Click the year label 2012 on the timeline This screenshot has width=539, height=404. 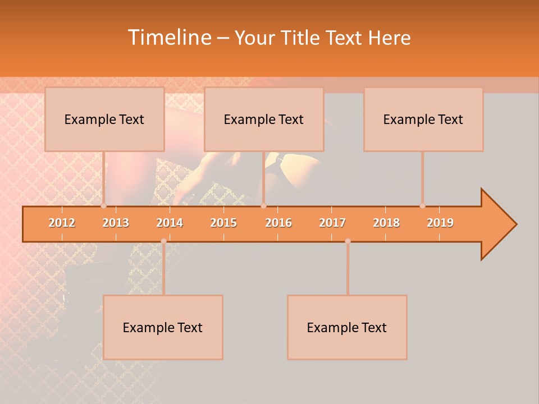click(62, 223)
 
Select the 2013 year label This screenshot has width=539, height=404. click(116, 223)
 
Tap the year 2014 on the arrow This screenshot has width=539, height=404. click(170, 223)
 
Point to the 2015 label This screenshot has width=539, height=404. click(223, 223)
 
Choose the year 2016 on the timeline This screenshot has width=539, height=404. click(278, 223)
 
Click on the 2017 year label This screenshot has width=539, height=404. click(332, 223)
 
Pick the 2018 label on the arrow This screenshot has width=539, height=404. click(386, 223)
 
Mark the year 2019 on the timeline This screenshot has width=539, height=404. click(440, 223)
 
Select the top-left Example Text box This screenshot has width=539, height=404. click(104, 119)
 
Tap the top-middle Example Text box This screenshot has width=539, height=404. click(264, 119)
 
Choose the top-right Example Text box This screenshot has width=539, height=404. click(423, 119)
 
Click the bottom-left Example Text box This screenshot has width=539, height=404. click(163, 327)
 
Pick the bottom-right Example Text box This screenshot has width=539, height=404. click(347, 327)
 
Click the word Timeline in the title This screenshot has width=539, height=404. click(168, 38)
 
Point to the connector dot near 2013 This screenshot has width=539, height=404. click(104, 206)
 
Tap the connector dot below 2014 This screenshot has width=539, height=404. click(163, 241)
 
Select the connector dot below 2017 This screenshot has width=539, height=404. click(348, 241)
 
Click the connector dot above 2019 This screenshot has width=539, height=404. click(422, 206)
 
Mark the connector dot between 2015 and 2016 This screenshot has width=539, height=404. click(263, 206)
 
